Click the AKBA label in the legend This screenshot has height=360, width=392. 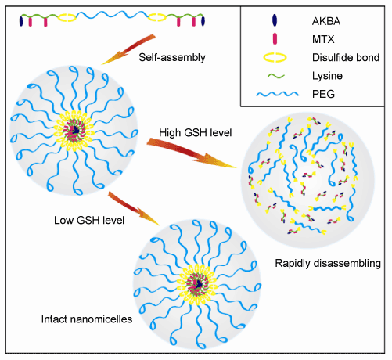pyautogui.click(x=326, y=21)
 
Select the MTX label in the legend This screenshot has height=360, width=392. pyautogui.click(x=323, y=39)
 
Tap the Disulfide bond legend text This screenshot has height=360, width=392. pyautogui.click(x=346, y=58)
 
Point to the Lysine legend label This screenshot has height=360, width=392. pyautogui.click(x=327, y=76)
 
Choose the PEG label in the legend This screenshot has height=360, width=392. pyautogui.click(x=323, y=94)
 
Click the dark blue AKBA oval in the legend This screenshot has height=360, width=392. pyautogui.click(x=275, y=20)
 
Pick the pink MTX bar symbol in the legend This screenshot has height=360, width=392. pyautogui.click(x=275, y=39)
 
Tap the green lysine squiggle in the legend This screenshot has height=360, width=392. pyautogui.click(x=276, y=76)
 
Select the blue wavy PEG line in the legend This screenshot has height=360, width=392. pyautogui.click(x=278, y=94)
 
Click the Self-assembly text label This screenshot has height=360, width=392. pyautogui.click(x=172, y=57)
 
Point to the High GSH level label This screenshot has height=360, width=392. pyautogui.click(x=196, y=132)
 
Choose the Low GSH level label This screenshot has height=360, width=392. pyautogui.click(x=89, y=221)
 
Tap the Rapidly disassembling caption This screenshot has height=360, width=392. pyautogui.click(x=328, y=263)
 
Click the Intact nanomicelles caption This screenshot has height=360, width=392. pyautogui.click(x=87, y=319)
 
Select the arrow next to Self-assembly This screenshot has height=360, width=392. pyautogui.click(x=128, y=49)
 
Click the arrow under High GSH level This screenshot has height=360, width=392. pyautogui.click(x=192, y=153)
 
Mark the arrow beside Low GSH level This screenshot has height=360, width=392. pyautogui.click(x=133, y=207)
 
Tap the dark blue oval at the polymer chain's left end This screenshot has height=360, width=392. pyautogui.click(x=21, y=21)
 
